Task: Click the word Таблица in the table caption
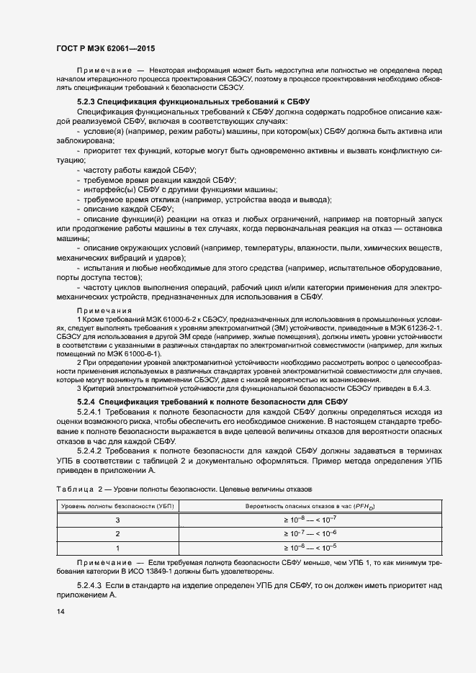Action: pyautogui.click(x=71, y=489)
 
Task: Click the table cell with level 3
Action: pyautogui.click(x=117, y=520)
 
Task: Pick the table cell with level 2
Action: pyautogui.click(x=117, y=533)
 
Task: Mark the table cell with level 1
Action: pyautogui.click(x=117, y=546)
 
